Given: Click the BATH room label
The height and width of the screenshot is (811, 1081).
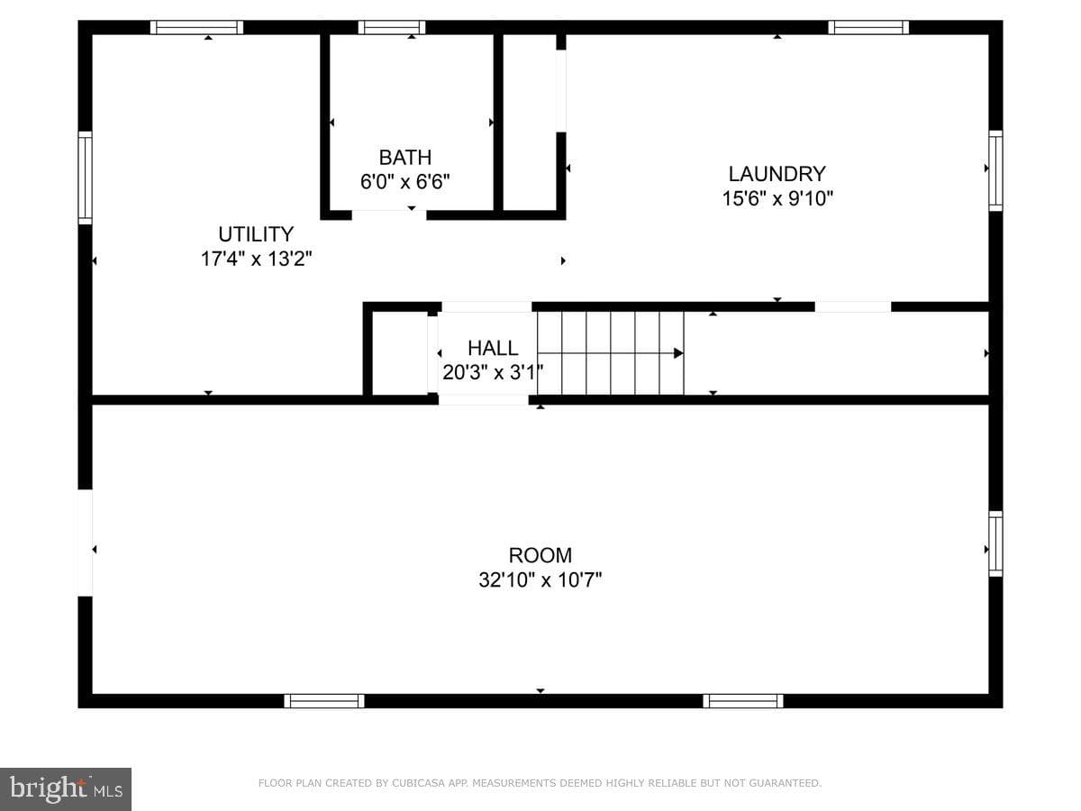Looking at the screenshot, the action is point(404,158).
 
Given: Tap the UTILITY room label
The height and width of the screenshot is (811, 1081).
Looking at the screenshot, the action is point(256,234).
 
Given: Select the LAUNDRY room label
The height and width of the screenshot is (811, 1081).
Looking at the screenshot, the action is point(777,174).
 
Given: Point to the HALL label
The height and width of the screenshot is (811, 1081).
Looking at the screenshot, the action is point(493,348).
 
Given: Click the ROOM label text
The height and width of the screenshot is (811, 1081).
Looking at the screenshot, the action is point(540,555).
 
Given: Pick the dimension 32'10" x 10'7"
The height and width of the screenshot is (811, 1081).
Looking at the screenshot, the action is point(540,580).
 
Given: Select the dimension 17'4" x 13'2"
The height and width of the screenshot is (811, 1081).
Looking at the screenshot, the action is point(256,259).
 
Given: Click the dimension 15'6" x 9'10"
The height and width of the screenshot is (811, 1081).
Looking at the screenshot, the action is point(777,198).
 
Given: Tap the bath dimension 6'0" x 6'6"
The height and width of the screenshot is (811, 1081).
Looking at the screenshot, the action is point(404,182).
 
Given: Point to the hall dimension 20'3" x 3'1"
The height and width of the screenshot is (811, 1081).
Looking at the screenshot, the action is point(493,372).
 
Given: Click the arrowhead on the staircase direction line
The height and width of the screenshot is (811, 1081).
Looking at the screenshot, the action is point(678,353).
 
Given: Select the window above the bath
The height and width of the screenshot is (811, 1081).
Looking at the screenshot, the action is point(392,27).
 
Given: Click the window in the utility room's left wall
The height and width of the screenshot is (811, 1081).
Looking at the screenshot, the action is point(86,178).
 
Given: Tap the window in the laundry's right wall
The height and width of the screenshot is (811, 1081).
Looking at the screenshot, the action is point(995,171).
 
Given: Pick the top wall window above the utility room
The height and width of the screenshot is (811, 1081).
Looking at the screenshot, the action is point(196,27).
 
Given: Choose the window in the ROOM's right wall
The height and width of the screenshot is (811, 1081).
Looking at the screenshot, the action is point(995,543).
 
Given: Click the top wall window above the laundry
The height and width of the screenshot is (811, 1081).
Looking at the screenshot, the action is point(868,27).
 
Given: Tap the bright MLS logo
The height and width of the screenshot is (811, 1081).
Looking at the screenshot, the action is point(66,789).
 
